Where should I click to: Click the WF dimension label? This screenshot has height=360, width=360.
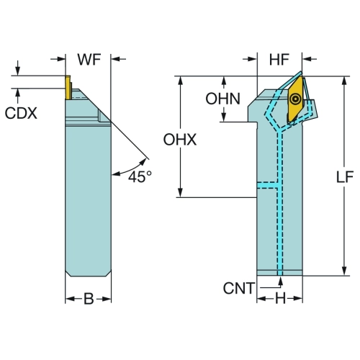pos(89,60)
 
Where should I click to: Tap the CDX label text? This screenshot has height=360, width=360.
pos(21,113)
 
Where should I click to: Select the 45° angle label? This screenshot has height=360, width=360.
pos(140,177)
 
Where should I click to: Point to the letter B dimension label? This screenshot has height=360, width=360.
pos(89,299)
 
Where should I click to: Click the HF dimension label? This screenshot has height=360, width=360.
pos(279,60)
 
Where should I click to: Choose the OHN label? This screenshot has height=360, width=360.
pos(223,99)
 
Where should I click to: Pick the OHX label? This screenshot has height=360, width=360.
pos(180,140)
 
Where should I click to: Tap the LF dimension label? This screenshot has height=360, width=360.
pos(345,177)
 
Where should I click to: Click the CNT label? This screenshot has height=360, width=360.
pos(238,288)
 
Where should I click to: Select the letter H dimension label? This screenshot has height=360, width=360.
pos(280,299)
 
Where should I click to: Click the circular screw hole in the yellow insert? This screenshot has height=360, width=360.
pos(295,99)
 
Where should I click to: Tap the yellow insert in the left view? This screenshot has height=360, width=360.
pos(68,87)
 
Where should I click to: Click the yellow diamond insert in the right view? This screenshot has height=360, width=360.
pos(295,99)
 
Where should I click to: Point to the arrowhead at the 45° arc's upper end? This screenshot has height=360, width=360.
pos(143,161)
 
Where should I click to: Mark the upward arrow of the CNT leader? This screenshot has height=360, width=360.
pos(280,282)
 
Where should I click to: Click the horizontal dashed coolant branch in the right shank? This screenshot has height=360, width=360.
pos(267,185)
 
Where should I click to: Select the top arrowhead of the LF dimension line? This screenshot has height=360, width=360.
pos(344,81)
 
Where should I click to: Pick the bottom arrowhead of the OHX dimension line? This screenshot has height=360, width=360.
pos(180,192)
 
